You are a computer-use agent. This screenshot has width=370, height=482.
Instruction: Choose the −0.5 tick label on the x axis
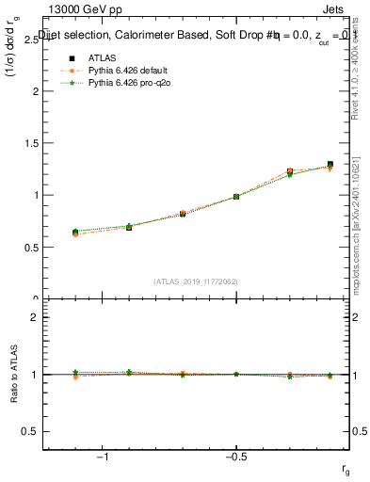(234, 458)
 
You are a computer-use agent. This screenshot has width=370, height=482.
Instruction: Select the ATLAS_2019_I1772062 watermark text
(196, 281)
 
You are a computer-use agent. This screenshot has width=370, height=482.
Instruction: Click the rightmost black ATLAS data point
(330, 164)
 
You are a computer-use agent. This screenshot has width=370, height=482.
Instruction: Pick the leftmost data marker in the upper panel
(75, 232)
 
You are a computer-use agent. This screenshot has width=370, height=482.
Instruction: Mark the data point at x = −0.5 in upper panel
(235, 197)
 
